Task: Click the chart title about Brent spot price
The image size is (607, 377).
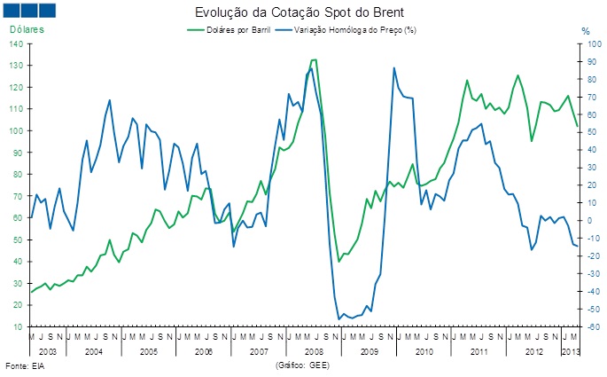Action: (x=303, y=13)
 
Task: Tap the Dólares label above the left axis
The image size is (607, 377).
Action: (x=27, y=30)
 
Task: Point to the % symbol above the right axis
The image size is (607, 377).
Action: (x=585, y=31)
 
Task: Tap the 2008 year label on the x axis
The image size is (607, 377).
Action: (x=314, y=353)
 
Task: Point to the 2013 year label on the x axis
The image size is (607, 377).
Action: (x=572, y=353)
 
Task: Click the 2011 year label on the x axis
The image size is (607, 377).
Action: (x=479, y=353)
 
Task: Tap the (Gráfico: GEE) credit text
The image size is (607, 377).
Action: (x=304, y=365)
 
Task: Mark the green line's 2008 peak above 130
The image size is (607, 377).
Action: (x=314, y=60)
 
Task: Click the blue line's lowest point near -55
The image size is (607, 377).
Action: (x=339, y=318)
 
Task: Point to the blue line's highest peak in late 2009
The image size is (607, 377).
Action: (x=393, y=67)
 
